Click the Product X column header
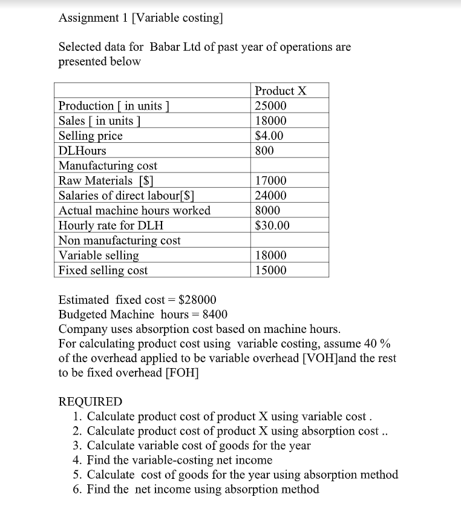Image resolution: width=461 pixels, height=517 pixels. click(x=281, y=91)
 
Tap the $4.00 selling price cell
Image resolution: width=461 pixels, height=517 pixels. click(x=269, y=136)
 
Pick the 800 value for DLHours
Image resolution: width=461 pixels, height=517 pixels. click(x=264, y=151)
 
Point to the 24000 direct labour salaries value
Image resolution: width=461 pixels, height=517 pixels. click(x=271, y=196)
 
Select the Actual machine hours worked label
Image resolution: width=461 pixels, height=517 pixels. click(x=134, y=211)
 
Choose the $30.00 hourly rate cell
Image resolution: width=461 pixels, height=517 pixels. click(x=272, y=226)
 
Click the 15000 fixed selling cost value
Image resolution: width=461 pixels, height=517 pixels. click(x=271, y=271)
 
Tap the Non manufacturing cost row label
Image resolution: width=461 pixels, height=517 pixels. click(x=119, y=240)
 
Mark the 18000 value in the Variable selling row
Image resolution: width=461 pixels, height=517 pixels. click(x=271, y=255)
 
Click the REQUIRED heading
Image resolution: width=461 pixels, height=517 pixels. click(x=90, y=401)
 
